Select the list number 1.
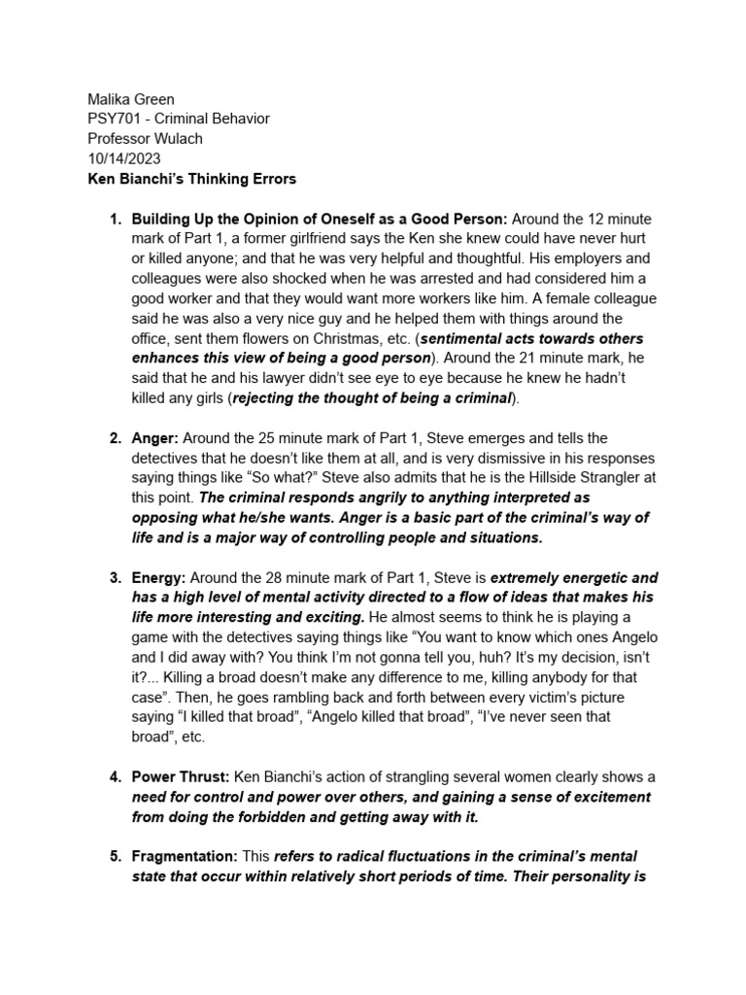click(114, 218)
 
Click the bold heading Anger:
click(154, 439)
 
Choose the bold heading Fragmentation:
click(185, 856)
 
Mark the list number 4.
click(114, 777)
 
